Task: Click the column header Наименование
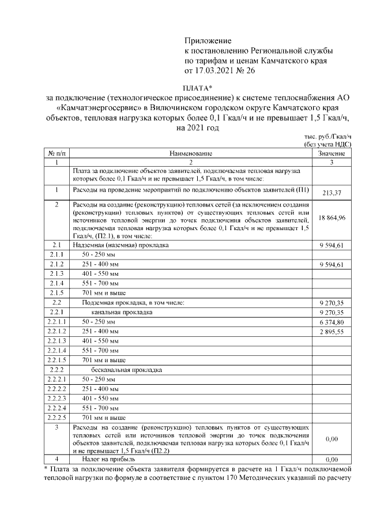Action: point(191,154)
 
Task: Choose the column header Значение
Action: point(332,154)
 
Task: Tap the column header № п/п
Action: point(57,154)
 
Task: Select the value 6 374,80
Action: point(332,322)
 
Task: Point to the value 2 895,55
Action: point(332,332)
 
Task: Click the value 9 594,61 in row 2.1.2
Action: point(332,265)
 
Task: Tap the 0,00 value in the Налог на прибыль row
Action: point(332,460)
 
